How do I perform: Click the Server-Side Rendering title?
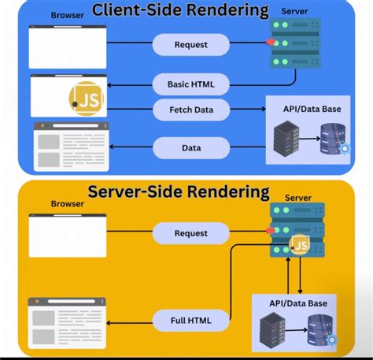click(x=178, y=191)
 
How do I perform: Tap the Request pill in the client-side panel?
click(x=191, y=45)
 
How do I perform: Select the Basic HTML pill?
click(x=191, y=84)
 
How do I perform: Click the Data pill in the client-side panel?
click(x=191, y=147)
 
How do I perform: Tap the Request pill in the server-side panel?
click(x=191, y=233)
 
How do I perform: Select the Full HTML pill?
click(x=191, y=321)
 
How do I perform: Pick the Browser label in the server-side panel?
click(x=67, y=203)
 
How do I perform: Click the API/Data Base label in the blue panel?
click(x=313, y=108)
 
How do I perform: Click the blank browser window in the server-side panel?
click(x=67, y=236)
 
